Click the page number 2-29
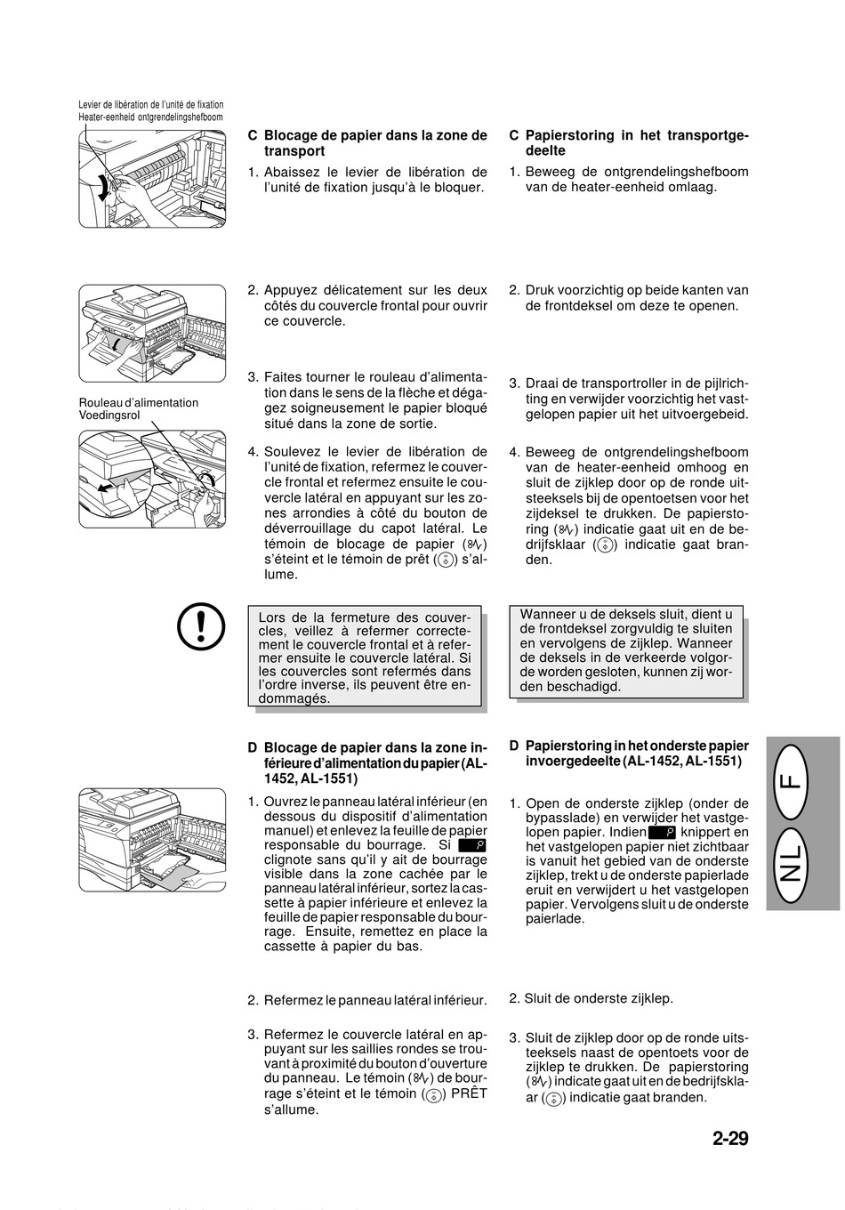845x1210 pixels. pos(730,1138)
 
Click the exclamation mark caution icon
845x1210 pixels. pos(201,625)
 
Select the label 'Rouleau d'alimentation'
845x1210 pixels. pos(139,402)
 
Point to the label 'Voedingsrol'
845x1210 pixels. pos(109,415)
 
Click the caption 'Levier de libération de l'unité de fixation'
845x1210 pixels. pos(150,105)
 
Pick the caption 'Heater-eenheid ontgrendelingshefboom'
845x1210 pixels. pos(150,117)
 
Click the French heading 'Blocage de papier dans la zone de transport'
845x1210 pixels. pos(367,142)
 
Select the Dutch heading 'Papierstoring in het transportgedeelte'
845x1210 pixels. pos(629,142)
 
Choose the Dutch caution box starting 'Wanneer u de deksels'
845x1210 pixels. pos(626,651)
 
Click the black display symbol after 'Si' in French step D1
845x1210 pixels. pos(472,845)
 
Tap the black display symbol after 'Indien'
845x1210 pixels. pos(662,833)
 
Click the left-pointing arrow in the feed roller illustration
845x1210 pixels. pos(109,488)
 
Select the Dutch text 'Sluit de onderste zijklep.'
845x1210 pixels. pos(591,998)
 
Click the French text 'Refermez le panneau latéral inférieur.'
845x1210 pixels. pos(367,1000)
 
